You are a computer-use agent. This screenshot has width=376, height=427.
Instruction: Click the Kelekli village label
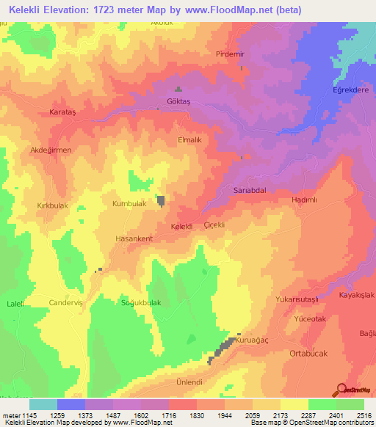(181, 227)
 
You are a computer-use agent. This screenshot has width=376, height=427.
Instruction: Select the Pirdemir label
(228, 54)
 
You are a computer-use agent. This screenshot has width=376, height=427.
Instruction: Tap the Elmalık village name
(189, 137)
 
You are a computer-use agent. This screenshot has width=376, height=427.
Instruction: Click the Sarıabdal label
(248, 189)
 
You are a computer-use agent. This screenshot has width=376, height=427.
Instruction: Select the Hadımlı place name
(303, 200)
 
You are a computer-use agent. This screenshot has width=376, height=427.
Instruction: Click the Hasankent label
(134, 239)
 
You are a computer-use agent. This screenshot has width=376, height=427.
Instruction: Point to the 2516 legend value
(364, 415)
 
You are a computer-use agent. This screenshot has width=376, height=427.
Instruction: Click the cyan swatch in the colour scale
(43, 404)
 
